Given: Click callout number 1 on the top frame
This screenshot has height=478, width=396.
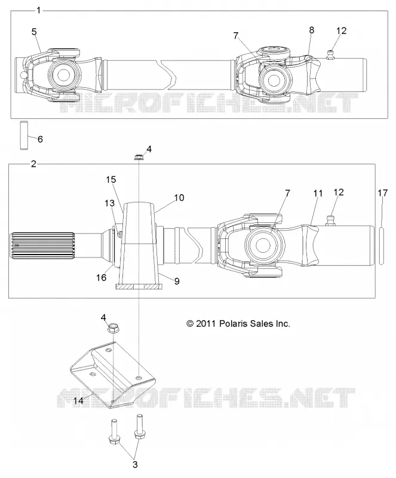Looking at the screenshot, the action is tap(38, 10).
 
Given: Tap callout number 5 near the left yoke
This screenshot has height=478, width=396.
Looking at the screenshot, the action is tap(34, 32).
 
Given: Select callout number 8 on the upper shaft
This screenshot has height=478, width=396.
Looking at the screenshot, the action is tap(311, 30).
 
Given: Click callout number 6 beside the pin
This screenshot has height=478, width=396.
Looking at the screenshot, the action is tap(40, 139).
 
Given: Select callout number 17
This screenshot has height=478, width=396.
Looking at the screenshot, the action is tap(383, 192).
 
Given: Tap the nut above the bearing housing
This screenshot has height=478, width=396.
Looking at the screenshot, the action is tap(139, 157).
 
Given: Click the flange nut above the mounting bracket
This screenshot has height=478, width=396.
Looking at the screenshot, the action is tap(112, 329).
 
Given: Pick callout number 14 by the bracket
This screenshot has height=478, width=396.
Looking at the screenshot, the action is tap(78, 400).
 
